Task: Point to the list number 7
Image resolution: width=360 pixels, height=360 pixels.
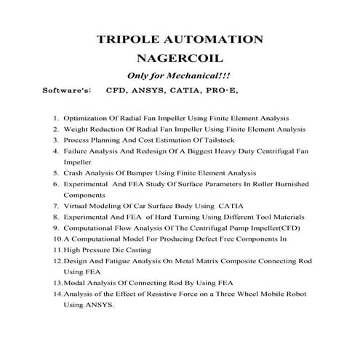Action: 56,207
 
